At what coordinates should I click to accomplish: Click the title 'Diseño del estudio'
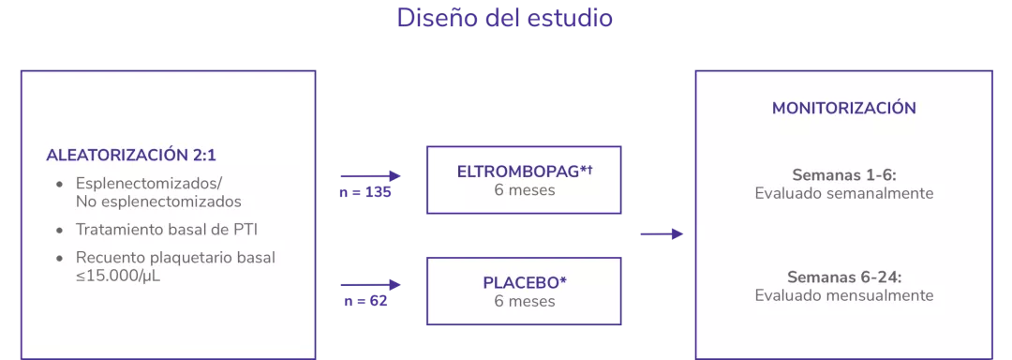505,18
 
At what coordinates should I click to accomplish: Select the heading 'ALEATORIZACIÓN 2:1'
137,156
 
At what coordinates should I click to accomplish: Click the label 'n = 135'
365,193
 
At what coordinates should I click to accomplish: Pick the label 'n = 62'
365,301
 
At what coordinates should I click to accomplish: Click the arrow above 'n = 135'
370,175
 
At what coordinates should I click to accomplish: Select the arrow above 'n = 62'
370,283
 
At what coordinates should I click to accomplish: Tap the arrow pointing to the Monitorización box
662,233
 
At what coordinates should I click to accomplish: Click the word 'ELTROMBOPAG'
518,172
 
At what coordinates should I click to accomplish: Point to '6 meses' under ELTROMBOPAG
525,190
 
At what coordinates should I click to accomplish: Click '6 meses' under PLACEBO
525,301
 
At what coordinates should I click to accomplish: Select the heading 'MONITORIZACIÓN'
843,108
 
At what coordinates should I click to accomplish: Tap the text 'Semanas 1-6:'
844,174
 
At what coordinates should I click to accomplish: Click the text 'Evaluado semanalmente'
844,193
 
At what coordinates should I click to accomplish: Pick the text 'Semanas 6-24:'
844,277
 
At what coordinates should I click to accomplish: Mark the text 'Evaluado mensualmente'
844,295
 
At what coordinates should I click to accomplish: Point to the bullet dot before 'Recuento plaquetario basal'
61,258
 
